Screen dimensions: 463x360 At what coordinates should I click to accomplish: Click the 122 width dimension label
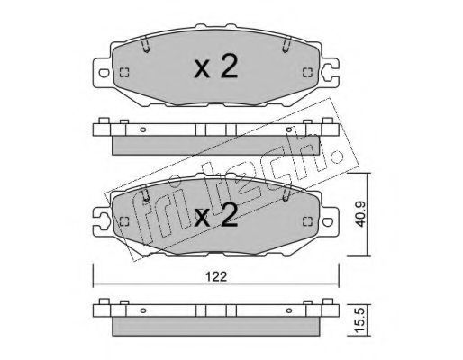coord(216,276)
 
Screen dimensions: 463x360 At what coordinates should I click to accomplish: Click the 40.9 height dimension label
coord(360,214)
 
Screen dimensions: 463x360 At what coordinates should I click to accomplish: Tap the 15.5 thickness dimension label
coord(360,320)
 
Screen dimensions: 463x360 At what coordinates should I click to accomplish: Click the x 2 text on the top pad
coord(216,67)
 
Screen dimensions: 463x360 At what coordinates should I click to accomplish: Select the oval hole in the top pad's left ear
coord(104,73)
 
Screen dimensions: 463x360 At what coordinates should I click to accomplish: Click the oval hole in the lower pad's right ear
coord(328,221)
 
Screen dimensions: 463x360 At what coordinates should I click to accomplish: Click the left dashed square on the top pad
coord(124,73)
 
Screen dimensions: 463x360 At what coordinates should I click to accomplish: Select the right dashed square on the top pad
coord(307,73)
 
